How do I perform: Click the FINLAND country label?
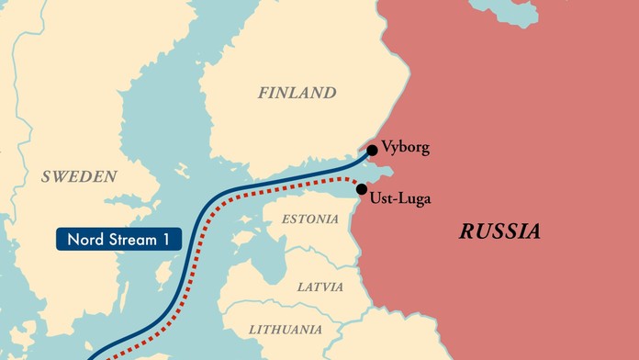tap(297, 93)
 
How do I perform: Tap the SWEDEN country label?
tap(79, 176)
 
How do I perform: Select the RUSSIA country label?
tap(499, 231)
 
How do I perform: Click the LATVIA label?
tap(319, 287)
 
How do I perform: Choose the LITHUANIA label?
tap(286, 329)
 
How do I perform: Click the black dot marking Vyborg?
tap(372, 150)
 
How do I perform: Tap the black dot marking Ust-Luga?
tap(361, 189)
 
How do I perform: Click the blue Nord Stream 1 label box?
tap(118, 240)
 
